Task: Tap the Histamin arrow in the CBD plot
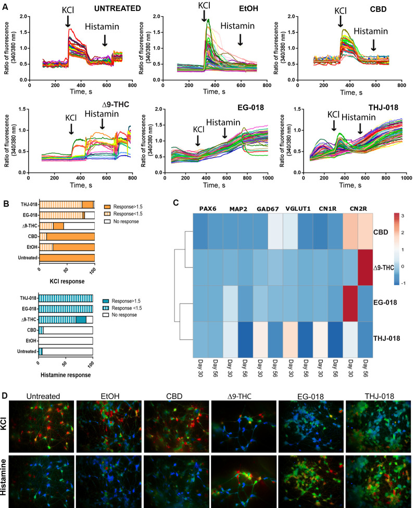pos(373,45)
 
